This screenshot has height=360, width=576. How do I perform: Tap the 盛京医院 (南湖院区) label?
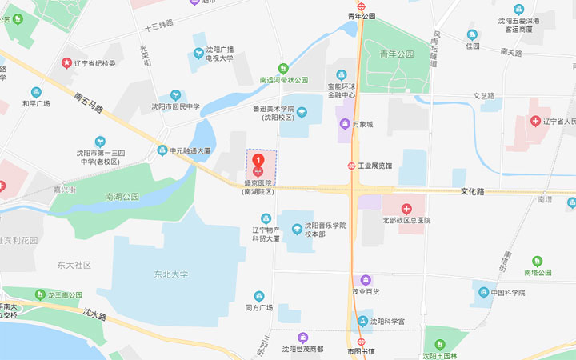click(x=258, y=187)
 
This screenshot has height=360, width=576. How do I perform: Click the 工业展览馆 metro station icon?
click(x=351, y=166)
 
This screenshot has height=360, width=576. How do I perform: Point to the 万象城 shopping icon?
click(x=343, y=124)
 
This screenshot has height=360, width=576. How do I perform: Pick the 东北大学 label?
click(x=171, y=274)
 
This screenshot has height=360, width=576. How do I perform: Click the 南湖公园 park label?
click(x=122, y=196)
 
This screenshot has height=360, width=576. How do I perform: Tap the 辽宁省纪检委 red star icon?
click(x=66, y=62)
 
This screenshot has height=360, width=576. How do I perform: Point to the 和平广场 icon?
click(x=36, y=92)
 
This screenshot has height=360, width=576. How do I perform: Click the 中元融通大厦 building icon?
click(x=162, y=150)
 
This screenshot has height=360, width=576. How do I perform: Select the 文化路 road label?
click(x=474, y=192)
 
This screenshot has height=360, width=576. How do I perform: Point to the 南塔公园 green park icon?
click(x=538, y=261)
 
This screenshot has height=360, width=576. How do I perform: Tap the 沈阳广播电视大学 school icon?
click(x=198, y=54)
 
